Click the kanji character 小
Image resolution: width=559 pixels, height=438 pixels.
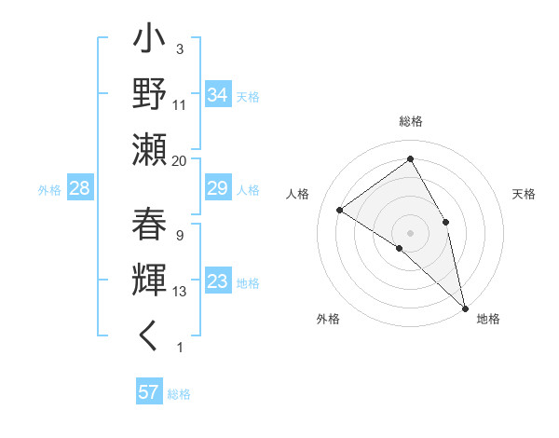pos(150,43)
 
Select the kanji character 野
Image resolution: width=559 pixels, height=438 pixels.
pos(150,96)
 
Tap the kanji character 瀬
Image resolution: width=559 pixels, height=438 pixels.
pos(150,149)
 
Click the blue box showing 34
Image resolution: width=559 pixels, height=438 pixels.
pos(218,94)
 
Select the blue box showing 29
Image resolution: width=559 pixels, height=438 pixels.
pos(218,189)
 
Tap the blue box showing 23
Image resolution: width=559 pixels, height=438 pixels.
pos(218,282)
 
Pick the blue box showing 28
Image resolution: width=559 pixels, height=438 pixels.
pos(79,189)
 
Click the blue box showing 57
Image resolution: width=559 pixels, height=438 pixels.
pos(149,392)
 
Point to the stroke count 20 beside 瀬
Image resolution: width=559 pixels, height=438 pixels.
pos(180,160)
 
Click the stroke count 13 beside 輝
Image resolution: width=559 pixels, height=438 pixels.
pos(180,291)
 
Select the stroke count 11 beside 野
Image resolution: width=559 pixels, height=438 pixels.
pos(180,106)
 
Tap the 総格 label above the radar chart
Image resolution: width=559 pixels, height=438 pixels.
pos(411,122)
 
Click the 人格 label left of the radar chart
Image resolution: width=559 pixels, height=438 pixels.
pos(297,194)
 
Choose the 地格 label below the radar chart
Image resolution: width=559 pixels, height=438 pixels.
pos(488,319)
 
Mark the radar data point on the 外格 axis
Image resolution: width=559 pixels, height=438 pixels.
pos(400,248)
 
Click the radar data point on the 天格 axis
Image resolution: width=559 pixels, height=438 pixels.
pos(446,222)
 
